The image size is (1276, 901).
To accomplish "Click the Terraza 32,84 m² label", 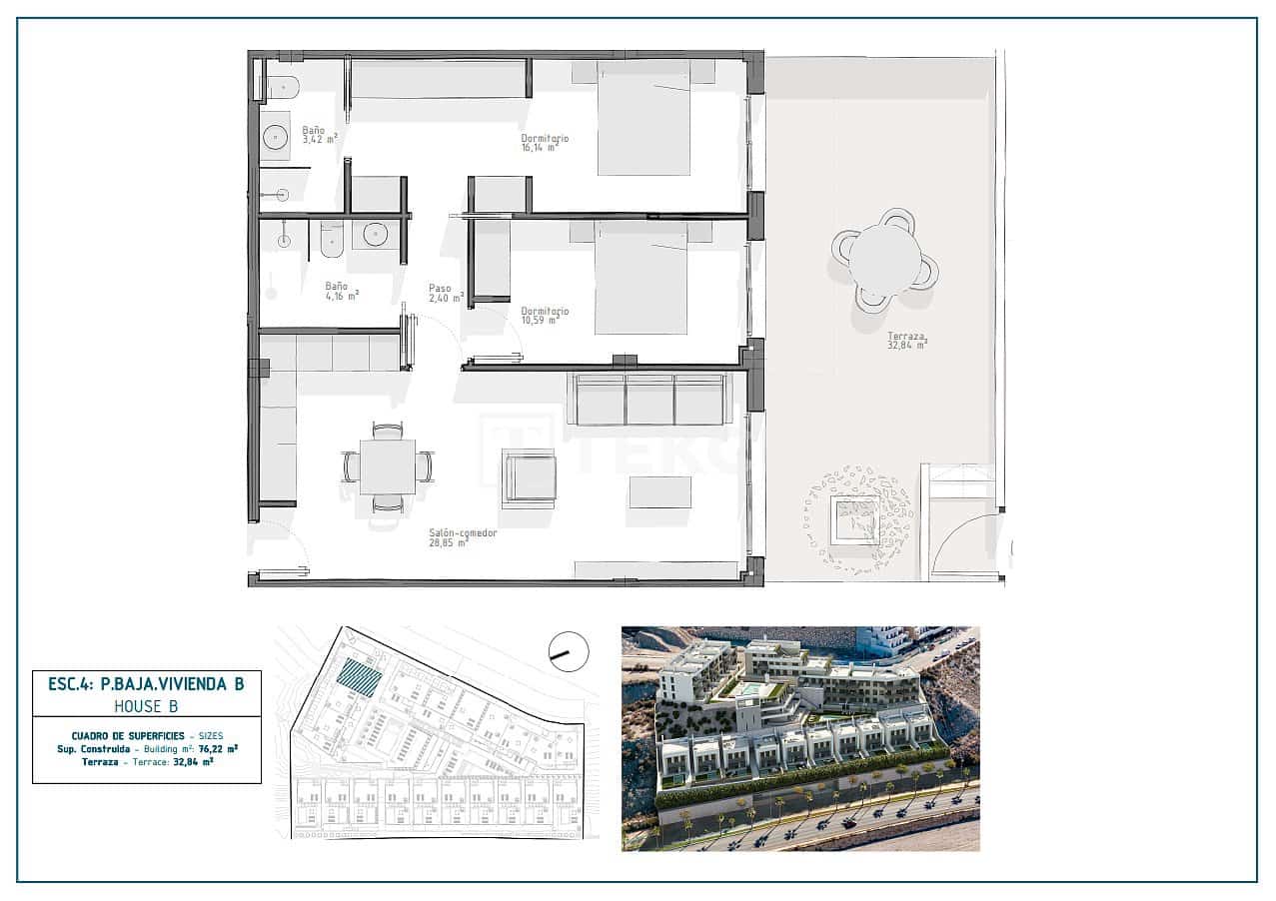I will tap(907, 342).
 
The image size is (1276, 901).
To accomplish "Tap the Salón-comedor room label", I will tap(462, 538).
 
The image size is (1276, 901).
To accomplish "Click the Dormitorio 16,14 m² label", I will tap(545, 144).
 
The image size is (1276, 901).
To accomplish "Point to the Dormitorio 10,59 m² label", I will tap(545, 316).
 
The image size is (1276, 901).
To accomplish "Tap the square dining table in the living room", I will tap(388, 466).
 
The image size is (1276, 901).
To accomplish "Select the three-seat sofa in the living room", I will tap(649, 400).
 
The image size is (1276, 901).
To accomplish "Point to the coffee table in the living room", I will tap(660, 491).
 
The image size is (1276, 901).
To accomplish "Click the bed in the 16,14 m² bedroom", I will tap(643, 117).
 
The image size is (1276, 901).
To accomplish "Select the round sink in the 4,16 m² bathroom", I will tap(376, 235).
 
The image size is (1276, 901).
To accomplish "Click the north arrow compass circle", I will tap(568, 651).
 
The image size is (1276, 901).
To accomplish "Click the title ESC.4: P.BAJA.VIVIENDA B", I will tap(147, 684).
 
